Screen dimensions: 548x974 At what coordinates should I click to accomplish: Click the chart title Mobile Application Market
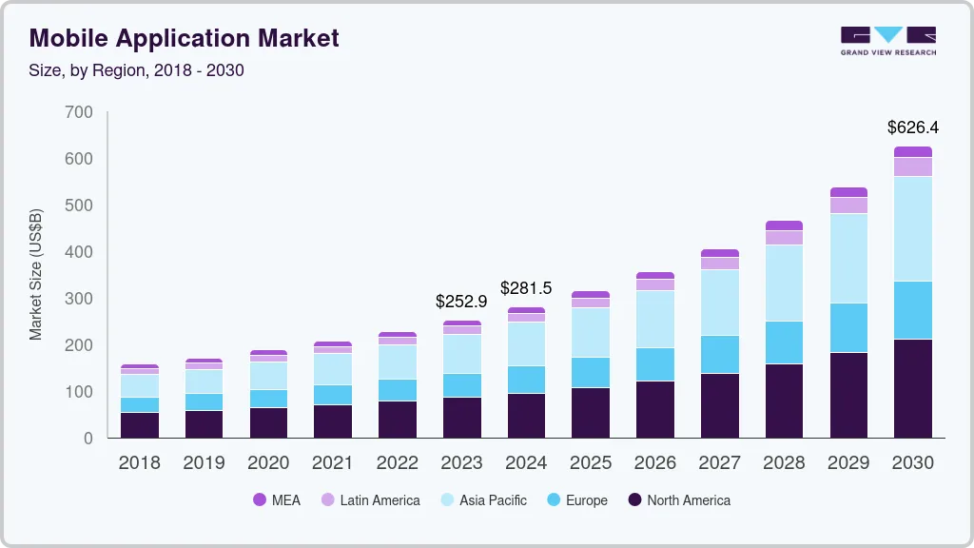point(184,38)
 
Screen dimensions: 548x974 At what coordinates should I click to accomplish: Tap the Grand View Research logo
point(887,40)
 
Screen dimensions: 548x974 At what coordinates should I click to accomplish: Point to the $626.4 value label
point(912,127)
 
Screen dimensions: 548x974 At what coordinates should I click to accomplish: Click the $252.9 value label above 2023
point(460,302)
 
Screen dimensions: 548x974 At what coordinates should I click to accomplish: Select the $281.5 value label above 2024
point(526,288)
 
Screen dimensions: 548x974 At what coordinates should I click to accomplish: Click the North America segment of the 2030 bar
point(912,388)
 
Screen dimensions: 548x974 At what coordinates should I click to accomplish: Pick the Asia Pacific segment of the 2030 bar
point(912,228)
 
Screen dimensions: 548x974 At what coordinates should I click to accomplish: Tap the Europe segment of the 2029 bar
point(847,328)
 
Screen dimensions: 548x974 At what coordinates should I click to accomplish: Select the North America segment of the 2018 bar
point(139,425)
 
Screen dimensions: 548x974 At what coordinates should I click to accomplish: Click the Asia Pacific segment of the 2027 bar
point(719,303)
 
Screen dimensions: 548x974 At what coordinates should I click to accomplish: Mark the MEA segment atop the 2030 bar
point(912,151)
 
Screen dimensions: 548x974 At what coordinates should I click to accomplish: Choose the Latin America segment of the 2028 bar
point(784,238)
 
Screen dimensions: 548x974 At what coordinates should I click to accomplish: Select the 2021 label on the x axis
point(333,463)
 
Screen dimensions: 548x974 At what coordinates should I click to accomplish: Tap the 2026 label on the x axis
point(654,463)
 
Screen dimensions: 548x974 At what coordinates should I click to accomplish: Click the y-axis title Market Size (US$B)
point(36,275)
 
